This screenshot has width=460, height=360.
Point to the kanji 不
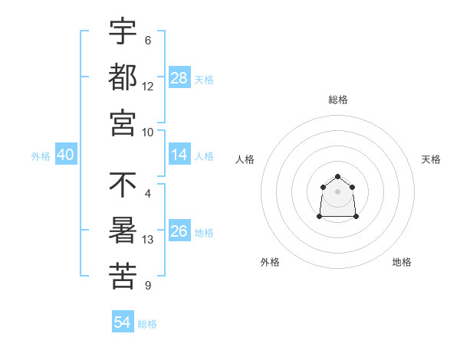point(123,186)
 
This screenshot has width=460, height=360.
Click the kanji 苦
point(123,276)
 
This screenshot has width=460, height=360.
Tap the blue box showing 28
point(179,77)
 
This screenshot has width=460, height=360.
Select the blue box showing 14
point(179,155)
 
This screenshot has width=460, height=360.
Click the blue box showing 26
point(179,231)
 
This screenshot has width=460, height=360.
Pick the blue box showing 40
point(66,155)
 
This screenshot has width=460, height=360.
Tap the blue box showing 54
point(123,322)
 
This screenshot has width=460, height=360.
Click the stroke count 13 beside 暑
point(148,241)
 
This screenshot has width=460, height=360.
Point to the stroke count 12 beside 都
point(148,87)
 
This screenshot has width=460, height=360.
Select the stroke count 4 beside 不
point(148,195)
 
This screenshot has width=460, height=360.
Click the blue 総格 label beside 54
point(147,324)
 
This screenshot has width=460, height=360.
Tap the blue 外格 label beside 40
point(41,155)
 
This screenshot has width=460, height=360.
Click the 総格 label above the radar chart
point(338,100)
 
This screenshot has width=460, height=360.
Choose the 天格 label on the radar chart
point(431,159)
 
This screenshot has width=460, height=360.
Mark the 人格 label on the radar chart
point(245,159)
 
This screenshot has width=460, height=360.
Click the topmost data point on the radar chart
point(337,177)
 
